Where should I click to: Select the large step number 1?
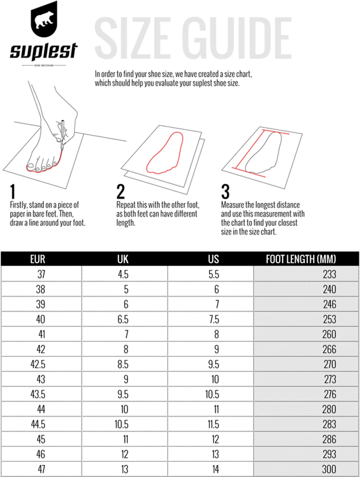[x=13, y=192]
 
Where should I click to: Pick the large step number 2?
[x=120, y=192]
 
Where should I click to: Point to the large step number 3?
[x=225, y=192]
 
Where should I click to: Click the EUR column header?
[x=38, y=259]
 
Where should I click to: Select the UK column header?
[x=123, y=259]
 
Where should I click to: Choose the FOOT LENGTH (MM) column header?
[x=301, y=259]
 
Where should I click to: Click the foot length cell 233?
[x=329, y=274]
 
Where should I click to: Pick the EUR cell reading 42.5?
[x=38, y=364]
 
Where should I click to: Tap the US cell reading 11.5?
[x=213, y=424]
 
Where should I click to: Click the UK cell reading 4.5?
[x=123, y=274]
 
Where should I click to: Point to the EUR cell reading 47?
[x=41, y=469]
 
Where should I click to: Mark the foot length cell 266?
[x=329, y=349]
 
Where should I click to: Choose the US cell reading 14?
[x=215, y=469]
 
